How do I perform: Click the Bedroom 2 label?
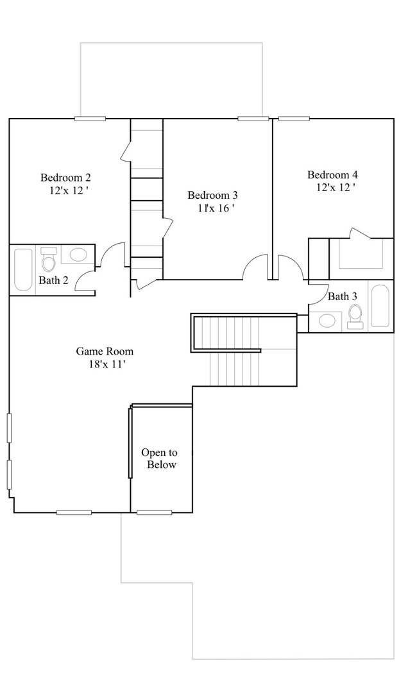66,177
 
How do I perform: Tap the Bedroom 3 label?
212,195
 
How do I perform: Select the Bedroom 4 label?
332,174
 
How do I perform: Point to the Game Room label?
105,351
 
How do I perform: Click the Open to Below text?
160,459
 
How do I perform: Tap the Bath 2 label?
53,281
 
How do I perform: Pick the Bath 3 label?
342,296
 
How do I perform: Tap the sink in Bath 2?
78,255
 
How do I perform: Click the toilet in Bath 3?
355,316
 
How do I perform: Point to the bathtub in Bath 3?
380,305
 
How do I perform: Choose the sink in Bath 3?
327,320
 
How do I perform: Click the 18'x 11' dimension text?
105,364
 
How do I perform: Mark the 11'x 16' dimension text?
214,208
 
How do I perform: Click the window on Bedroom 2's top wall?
90,119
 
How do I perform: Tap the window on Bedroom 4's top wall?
294,119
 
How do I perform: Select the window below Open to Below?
155,512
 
